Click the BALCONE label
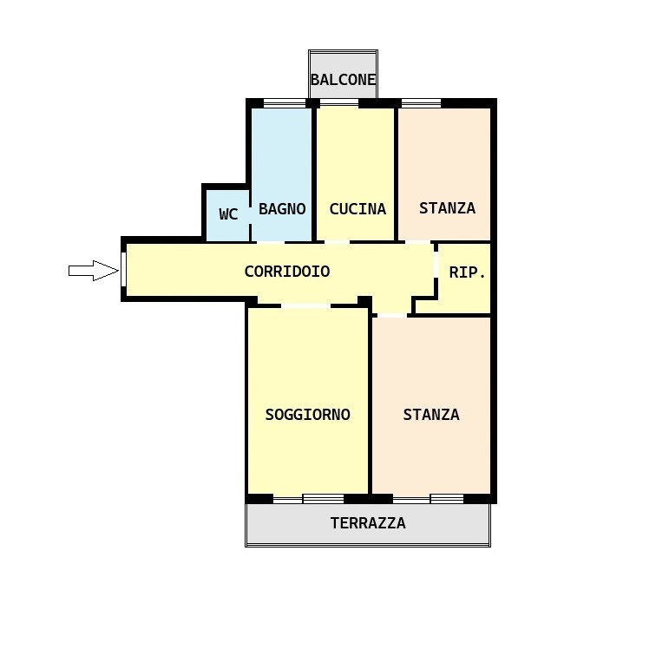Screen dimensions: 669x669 tap(343, 80)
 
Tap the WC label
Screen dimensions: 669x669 tap(228, 214)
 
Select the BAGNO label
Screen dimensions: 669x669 tap(282, 209)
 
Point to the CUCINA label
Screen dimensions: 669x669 tap(357, 209)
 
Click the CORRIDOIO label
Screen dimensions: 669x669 tap(287, 272)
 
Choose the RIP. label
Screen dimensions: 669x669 tap(467, 272)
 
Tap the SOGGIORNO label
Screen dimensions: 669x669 tap(308, 415)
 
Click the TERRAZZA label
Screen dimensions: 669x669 tap(368, 523)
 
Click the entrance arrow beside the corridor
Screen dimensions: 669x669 tap(94, 271)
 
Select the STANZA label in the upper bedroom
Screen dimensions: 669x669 tap(447, 208)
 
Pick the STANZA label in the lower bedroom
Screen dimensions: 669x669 tap(431, 415)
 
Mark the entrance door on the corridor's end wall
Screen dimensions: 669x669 tap(124, 269)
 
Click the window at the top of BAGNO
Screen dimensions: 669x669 tap(285, 103)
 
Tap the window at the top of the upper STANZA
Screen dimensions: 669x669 tap(421, 103)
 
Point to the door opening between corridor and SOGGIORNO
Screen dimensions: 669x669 tap(306, 305)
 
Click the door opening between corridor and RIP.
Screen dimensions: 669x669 tap(436, 264)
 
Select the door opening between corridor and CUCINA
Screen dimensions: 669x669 tap(337, 242)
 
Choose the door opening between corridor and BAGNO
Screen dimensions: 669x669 tap(271, 242)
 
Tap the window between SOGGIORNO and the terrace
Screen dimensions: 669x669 tap(309, 499)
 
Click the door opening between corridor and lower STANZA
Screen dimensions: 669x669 tap(392, 315)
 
